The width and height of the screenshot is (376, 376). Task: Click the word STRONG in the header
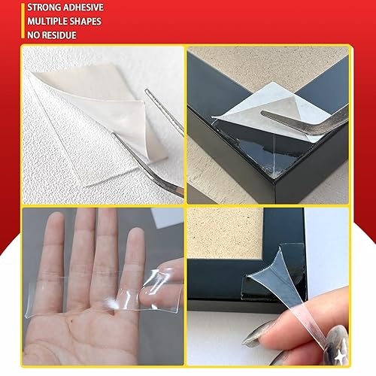click(x=26, y=7)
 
